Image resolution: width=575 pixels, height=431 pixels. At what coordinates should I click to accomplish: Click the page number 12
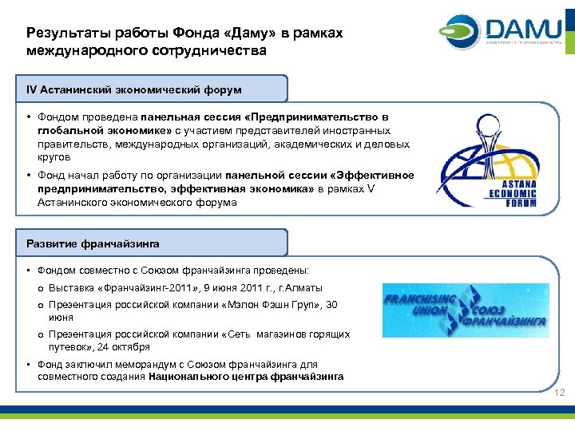559,393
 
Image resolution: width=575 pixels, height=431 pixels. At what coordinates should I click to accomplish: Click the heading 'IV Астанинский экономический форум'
133,89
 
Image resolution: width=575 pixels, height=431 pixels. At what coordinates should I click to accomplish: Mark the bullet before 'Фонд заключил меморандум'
29,365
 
